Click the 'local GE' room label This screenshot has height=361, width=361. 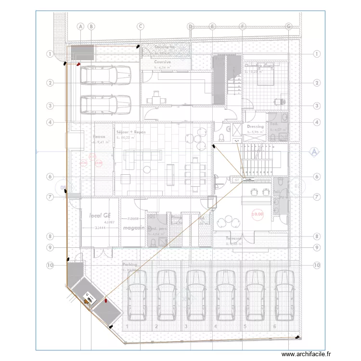[x=101, y=216]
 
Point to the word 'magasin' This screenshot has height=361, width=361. [x=133, y=227]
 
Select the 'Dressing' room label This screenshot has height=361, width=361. [x=255, y=127]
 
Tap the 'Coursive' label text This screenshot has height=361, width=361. [x=163, y=62]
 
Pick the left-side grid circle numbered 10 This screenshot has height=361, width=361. [x=50, y=265]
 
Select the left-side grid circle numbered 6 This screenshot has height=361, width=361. [x=50, y=177]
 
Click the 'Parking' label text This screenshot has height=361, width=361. [x=129, y=265]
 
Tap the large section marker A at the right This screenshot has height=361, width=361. [x=314, y=152]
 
